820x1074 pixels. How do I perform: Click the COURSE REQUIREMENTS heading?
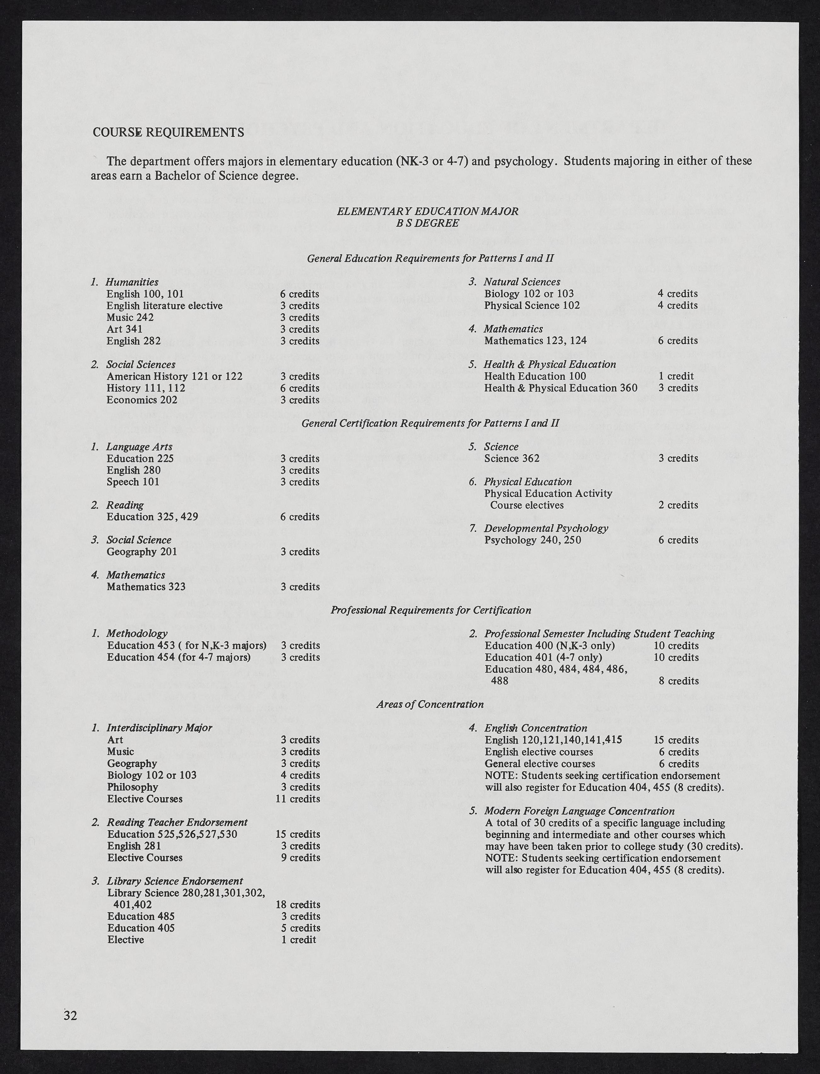point(169,132)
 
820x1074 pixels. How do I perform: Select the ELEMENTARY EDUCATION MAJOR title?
point(427,211)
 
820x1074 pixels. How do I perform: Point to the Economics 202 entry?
point(142,400)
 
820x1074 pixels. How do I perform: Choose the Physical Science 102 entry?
point(531,306)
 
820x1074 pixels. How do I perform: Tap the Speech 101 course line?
point(133,482)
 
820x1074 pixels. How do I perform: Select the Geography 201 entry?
point(141,552)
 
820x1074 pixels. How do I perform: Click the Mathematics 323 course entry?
point(146,587)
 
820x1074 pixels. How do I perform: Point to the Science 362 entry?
point(512,459)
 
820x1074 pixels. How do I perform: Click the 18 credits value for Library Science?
point(298,905)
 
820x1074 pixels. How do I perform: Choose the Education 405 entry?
point(140,928)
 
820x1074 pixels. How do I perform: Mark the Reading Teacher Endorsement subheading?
point(177,822)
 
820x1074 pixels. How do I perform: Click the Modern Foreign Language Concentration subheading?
point(579,811)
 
